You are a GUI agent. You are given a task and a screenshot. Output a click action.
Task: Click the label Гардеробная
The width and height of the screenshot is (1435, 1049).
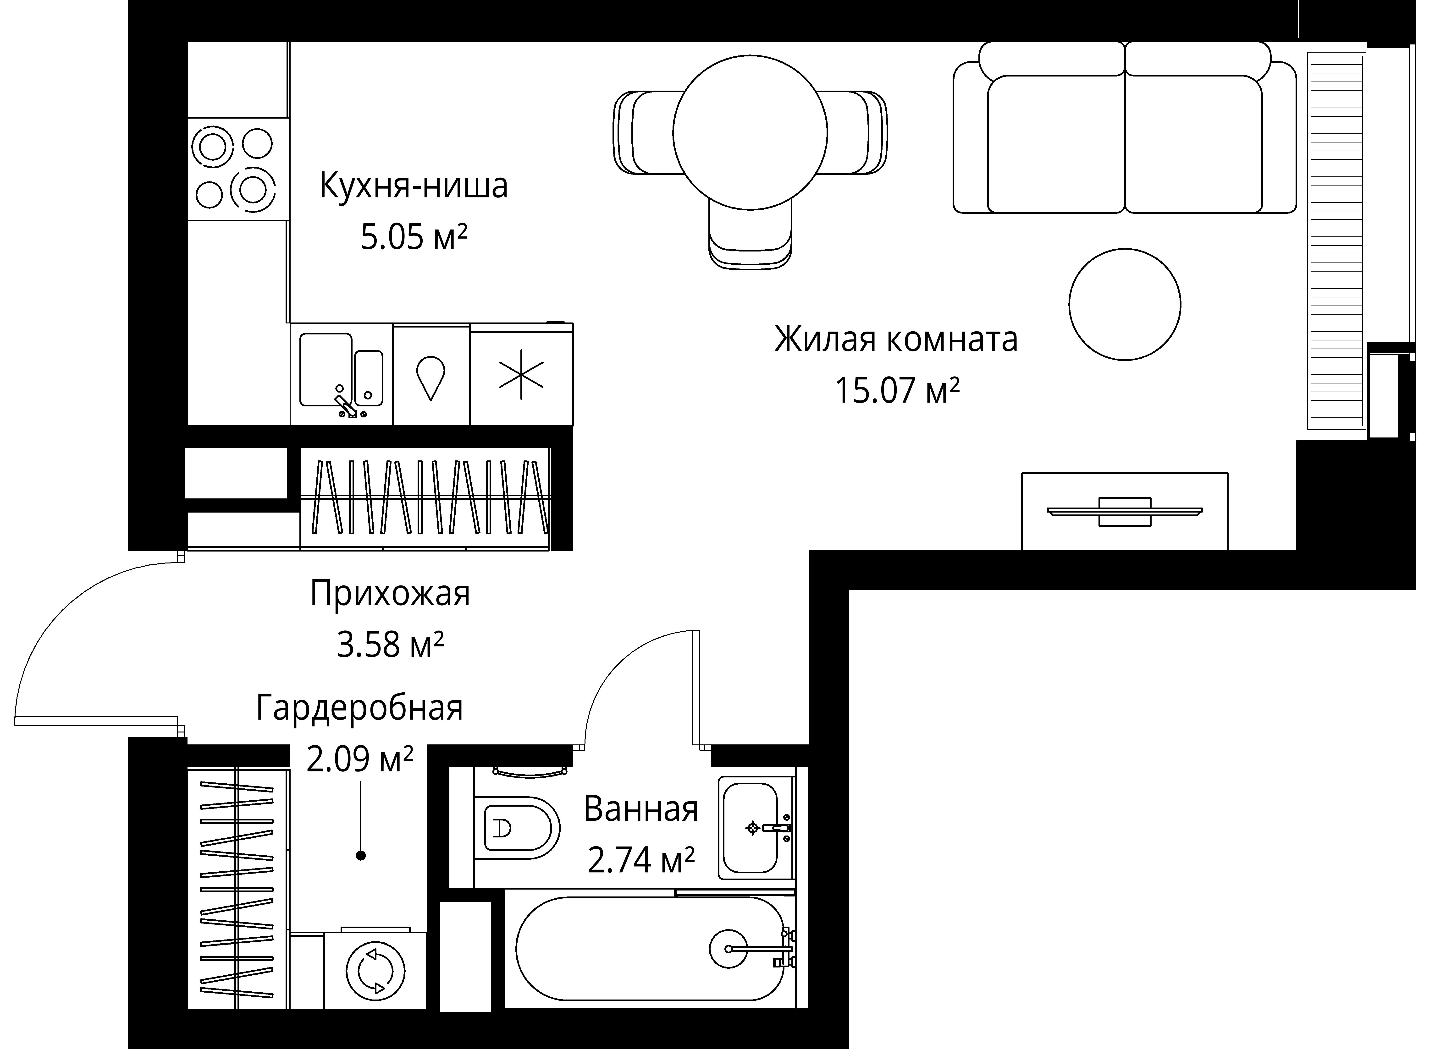point(359,708)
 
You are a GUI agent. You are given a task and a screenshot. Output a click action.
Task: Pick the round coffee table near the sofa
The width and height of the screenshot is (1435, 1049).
point(1124,304)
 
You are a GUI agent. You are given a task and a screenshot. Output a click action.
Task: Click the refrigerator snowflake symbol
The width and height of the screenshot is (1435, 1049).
point(521,375)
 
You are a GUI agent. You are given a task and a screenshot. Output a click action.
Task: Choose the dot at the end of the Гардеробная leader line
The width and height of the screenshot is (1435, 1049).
point(361,856)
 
